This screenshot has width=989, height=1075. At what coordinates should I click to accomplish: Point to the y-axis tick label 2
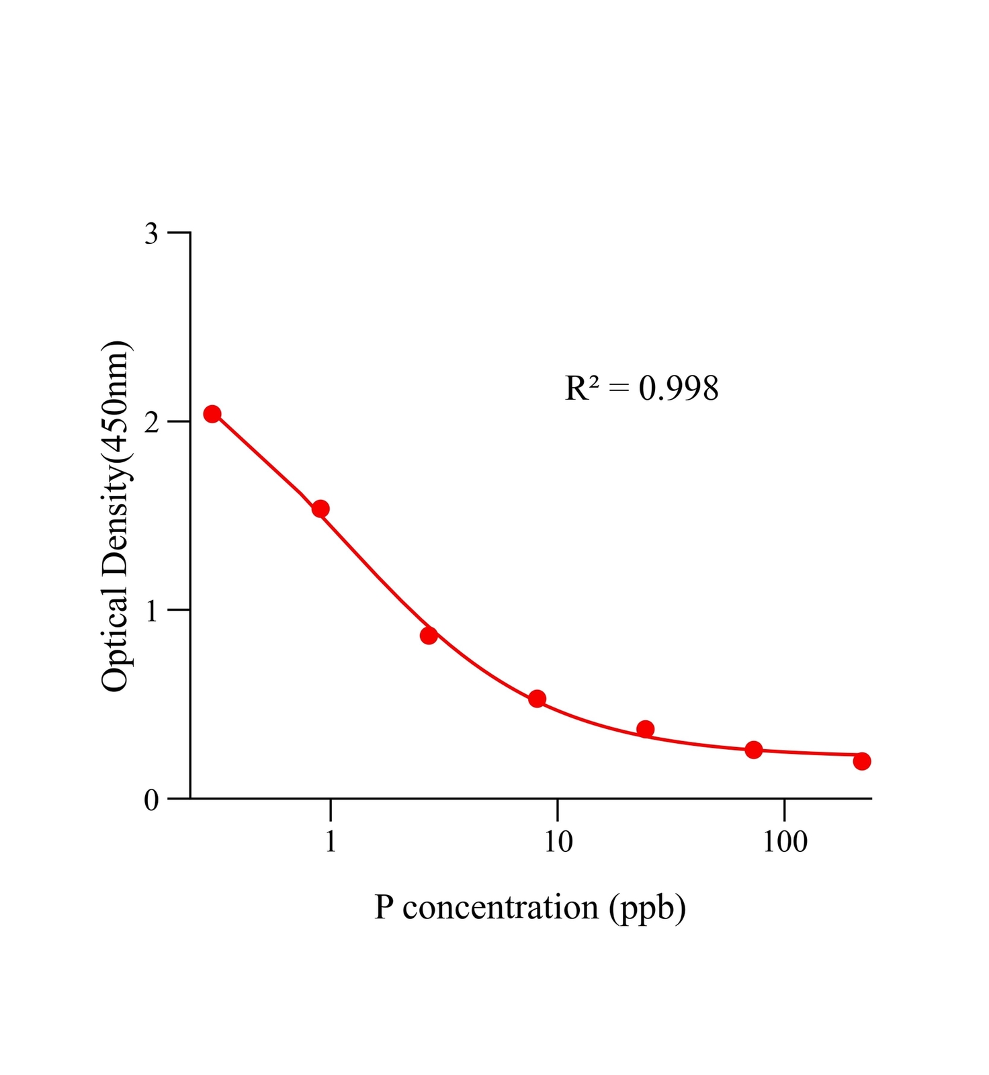[x=152, y=422]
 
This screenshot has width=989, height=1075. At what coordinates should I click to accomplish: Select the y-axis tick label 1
[x=152, y=611]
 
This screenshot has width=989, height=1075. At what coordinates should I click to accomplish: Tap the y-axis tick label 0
[x=152, y=800]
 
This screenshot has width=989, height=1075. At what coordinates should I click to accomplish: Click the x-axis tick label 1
[x=330, y=841]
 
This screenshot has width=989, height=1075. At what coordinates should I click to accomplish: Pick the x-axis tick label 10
[x=558, y=841]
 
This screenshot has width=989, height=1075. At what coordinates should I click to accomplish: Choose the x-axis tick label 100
[x=785, y=841]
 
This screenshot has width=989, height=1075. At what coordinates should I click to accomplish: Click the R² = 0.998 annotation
[x=642, y=388]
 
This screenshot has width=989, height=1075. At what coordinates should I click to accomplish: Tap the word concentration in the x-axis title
[x=501, y=908]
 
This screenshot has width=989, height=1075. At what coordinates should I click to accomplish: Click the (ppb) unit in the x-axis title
[x=648, y=909]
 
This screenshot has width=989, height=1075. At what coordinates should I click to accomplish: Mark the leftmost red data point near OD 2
[x=212, y=414]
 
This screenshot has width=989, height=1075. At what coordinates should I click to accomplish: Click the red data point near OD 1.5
[x=320, y=509]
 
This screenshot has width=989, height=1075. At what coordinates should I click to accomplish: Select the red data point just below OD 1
[x=429, y=635]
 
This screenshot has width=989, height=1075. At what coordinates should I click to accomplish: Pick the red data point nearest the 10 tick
[x=537, y=699]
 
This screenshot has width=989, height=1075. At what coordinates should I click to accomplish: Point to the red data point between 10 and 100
[x=645, y=729]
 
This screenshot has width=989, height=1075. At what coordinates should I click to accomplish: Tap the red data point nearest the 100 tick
[x=754, y=750]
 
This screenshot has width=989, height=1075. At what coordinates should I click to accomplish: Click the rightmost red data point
[x=862, y=761]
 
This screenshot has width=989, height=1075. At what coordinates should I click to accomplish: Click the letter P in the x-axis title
[x=384, y=908]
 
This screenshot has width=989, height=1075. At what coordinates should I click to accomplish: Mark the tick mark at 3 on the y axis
[x=179, y=232]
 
